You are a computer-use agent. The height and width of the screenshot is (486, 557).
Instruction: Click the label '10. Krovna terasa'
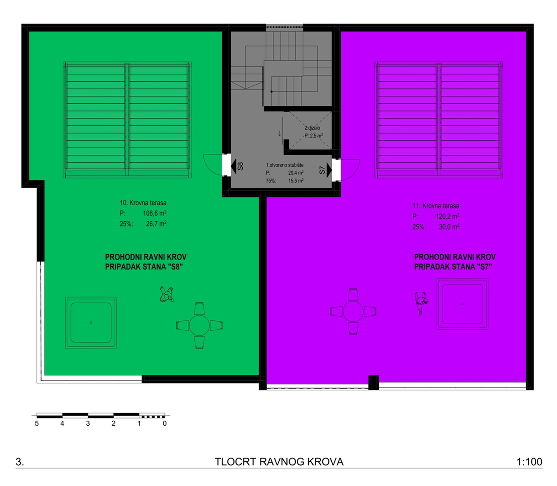pyautogui.click(x=143, y=202)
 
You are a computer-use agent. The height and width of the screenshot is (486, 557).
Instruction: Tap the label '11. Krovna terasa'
pyautogui.click(x=436, y=206)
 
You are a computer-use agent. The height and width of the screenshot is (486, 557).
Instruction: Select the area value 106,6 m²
pyautogui.click(x=155, y=213)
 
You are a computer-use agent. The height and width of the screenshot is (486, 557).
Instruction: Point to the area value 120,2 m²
pyautogui.click(x=448, y=216)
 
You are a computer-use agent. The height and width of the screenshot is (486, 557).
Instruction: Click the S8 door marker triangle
pyautogui.click(x=234, y=166)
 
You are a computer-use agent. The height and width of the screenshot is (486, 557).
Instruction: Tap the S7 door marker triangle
pyautogui.click(x=329, y=170)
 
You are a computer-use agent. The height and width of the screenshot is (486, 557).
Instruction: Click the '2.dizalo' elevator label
pyautogui.click(x=312, y=128)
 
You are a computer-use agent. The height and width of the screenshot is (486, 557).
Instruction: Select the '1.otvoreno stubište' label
pyautogui.click(x=285, y=165)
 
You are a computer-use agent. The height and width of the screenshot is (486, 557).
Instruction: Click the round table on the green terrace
pyautogui.click(x=199, y=325)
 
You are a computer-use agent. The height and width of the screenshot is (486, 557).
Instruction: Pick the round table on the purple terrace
pyautogui.click(x=353, y=311)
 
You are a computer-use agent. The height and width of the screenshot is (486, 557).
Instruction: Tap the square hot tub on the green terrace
pyautogui.click(x=91, y=323)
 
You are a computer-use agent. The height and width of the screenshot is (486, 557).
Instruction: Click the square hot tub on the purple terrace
pyautogui.click(x=462, y=304)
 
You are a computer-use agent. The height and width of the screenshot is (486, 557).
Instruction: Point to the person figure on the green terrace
pyautogui.click(x=167, y=295)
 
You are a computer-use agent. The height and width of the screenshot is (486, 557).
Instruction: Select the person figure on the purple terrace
pyautogui.click(x=421, y=303)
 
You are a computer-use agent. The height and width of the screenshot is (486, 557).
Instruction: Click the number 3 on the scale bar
pyautogui.click(x=88, y=423)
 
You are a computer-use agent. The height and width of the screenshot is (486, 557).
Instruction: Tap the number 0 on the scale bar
pyautogui.click(x=165, y=423)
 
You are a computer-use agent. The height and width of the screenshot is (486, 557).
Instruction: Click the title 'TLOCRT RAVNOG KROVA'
pyautogui.click(x=279, y=462)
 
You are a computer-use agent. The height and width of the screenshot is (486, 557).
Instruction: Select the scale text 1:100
pyautogui.click(x=529, y=462)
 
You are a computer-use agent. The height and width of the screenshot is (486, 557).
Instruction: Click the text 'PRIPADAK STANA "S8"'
pyautogui.click(x=144, y=267)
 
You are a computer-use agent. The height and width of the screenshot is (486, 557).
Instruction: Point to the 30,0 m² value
pyautogui.click(x=449, y=227)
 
